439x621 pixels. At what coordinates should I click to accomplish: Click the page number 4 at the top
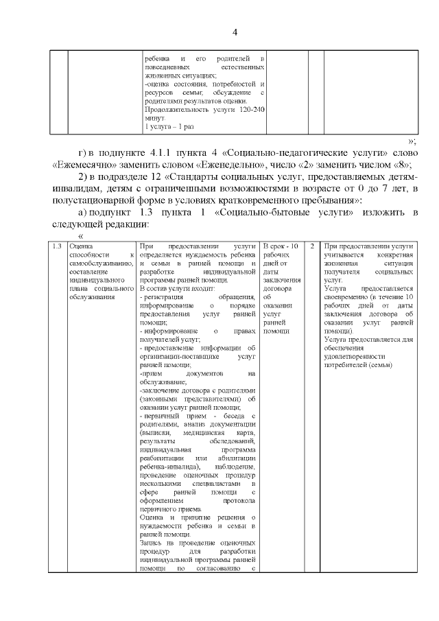pos(234,33)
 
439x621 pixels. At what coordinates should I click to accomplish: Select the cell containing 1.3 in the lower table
pos(58,246)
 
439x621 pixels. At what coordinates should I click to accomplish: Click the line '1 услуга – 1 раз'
pos(169,127)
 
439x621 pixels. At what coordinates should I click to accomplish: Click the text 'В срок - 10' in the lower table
pos(281,246)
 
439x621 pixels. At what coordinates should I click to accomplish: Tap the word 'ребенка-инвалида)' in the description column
pos(168,467)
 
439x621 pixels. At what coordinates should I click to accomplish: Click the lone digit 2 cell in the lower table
pos(311,246)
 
